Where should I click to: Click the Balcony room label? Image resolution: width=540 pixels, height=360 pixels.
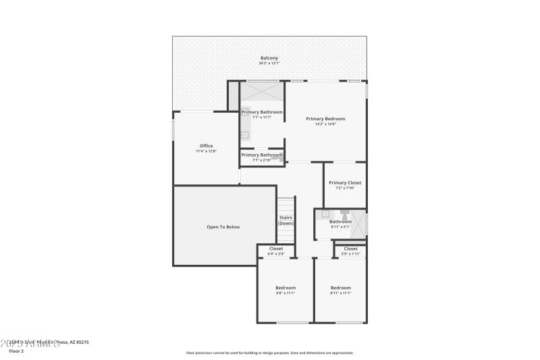tap(269, 58)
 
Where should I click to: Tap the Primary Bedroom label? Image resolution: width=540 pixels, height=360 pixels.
tap(325, 119)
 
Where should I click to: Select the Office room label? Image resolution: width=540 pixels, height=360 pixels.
tap(206, 146)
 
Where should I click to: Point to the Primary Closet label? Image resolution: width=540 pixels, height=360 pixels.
tap(345, 183)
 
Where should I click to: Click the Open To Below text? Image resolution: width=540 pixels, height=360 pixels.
tap(223, 227)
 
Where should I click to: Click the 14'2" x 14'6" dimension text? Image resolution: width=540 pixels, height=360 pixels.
tap(325, 124)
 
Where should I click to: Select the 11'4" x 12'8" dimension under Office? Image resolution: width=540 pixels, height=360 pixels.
tap(206, 151)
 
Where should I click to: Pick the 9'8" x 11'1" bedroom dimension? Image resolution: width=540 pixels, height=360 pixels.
tap(285, 293)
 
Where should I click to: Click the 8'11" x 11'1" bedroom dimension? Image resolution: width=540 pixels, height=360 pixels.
tap(341, 293)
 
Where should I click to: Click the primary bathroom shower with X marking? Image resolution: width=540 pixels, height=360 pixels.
tap(261, 91)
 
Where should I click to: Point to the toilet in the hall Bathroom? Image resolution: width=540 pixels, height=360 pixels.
tap(344, 214)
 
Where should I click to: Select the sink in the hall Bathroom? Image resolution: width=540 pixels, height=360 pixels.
tap(325, 214)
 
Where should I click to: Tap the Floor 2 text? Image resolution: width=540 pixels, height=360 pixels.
tap(16, 351)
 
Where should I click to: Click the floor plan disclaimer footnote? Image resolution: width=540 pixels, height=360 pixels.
tap(269, 353)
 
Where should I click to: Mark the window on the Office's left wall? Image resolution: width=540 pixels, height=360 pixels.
tap(173, 130)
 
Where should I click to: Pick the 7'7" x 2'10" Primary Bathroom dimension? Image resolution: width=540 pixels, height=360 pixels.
tap(262, 160)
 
